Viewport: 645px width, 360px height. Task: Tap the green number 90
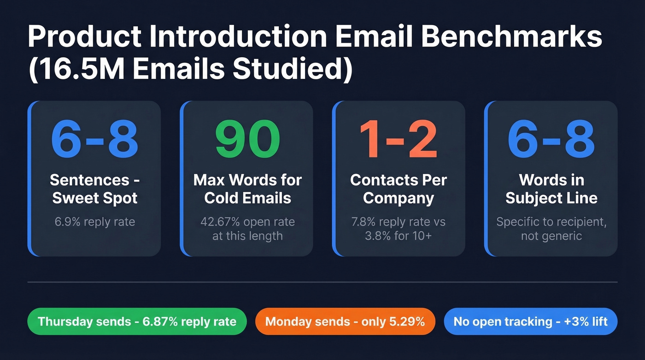248,140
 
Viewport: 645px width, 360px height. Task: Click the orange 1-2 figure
399,140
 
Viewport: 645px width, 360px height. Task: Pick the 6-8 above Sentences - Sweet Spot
95,140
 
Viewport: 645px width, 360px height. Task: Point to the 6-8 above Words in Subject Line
551,140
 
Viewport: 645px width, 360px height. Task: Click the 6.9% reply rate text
95,222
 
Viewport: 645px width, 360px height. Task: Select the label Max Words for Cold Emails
248,189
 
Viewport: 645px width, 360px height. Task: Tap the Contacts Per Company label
399,189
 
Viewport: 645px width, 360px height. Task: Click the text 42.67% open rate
248,222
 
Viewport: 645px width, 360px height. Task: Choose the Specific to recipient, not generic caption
551,229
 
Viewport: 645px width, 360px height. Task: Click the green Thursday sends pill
137,321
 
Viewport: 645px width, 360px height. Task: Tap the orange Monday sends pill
345,321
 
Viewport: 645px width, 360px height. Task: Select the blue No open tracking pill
530,321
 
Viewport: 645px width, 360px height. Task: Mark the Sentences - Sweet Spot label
95,189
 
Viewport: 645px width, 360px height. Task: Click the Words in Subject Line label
551,189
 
